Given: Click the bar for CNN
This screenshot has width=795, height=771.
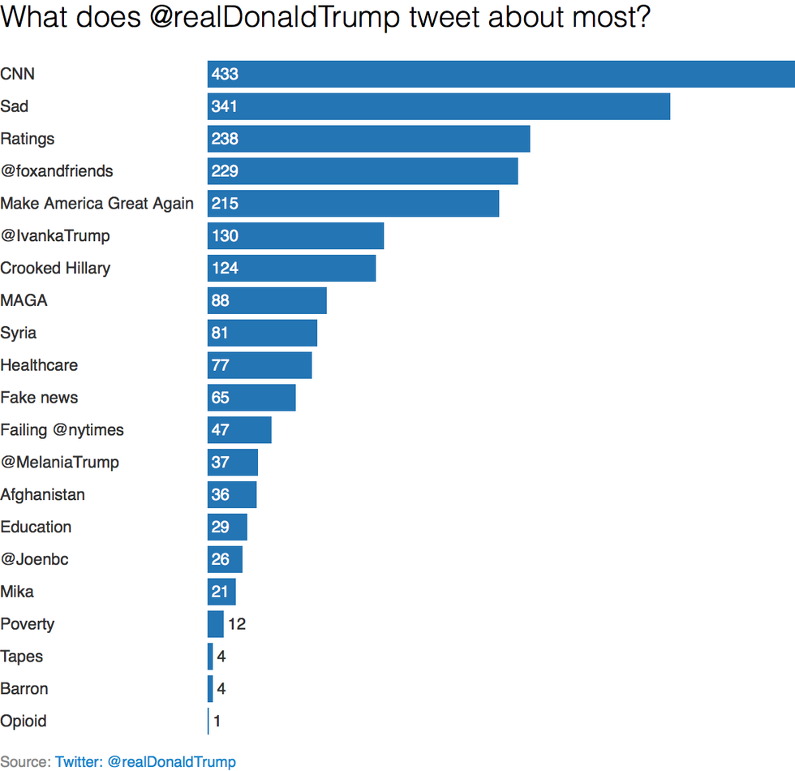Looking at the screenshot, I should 501,74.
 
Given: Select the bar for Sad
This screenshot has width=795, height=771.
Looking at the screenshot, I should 438,106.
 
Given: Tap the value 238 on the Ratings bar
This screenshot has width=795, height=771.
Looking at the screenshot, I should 225,139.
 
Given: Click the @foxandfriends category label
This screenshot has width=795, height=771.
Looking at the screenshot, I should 57,171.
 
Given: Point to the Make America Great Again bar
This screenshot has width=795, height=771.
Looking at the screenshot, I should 353,204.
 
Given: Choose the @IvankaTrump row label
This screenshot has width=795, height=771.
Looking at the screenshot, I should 55,236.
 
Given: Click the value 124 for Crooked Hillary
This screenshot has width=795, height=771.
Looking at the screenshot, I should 225,269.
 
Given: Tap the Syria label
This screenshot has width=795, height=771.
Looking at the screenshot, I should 19,333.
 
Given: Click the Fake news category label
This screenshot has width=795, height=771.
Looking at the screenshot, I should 39,398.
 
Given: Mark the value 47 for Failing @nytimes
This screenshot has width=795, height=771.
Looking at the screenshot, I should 220,430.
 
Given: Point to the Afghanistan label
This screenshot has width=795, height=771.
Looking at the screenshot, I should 42,494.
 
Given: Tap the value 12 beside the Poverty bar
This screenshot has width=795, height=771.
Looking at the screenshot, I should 236,624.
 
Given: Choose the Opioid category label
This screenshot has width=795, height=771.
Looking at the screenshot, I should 24,721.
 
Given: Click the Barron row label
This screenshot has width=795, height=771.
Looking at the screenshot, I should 24,688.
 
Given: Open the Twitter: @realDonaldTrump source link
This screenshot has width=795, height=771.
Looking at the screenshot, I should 145,761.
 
